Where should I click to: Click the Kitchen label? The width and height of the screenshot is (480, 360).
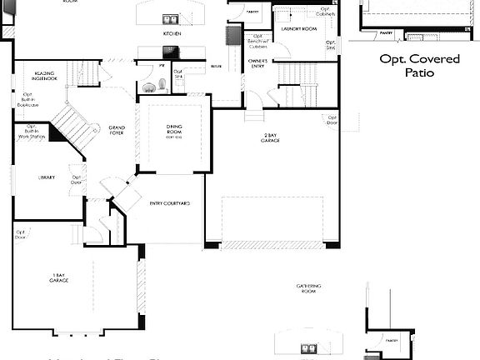[172, 34]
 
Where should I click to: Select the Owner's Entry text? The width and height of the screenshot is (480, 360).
[257, 63]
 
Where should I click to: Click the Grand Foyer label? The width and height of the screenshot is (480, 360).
[117, 130]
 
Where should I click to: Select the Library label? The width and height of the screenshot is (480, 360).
[47, 177]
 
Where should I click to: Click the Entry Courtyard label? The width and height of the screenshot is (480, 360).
[170, 203]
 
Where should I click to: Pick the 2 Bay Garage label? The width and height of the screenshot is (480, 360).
[271, 138]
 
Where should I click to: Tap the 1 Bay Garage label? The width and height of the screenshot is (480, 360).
[58, 278]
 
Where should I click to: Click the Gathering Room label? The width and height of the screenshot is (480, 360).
[308, 288]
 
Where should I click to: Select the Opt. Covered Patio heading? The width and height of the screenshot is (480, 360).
[419, 66]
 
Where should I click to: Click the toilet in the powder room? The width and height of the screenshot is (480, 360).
[149, 85]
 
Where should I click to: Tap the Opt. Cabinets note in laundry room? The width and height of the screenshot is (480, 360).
[326, 12]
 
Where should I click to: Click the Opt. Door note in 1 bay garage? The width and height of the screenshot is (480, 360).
[20, 234]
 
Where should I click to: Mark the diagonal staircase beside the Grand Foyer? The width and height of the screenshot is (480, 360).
[69, 125]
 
